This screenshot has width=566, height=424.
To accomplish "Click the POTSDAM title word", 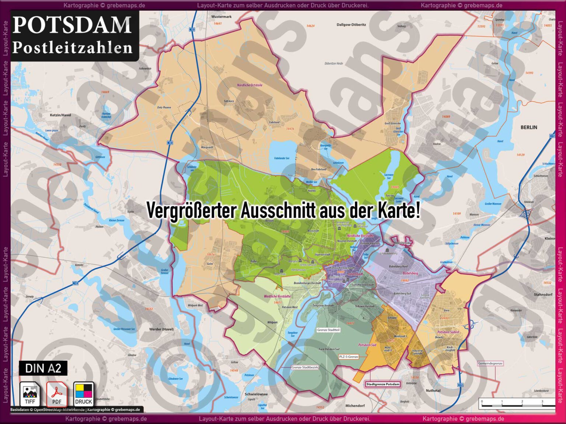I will (x=72, y=25).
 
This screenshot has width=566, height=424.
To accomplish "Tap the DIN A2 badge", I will (x=43, y=368).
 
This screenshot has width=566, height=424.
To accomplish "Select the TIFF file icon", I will (x=30, y=394).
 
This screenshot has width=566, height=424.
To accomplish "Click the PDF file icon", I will (x=56, y=394).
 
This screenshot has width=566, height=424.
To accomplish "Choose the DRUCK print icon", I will (x=84, y=394).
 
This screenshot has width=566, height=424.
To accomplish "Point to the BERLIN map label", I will (x=529, y=127).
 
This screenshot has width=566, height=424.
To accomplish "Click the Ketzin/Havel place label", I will (x=60, y=115).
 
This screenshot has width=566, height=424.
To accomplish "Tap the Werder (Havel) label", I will (x=161, y=329).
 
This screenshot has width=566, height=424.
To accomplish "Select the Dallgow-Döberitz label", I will (x=351, y=25).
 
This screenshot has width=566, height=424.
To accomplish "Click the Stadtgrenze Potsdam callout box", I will (x=383, y=384).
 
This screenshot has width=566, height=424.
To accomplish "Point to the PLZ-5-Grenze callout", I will (x=348, y=357).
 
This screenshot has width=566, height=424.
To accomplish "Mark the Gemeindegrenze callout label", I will (x=490, y=363).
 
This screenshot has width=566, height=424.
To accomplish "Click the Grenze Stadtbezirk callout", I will (x=305, y=367).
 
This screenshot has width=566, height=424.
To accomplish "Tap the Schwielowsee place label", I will (x=256, y=394).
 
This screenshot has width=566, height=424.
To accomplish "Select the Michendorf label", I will (x=355, y=406).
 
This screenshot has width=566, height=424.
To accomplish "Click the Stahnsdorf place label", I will (x=543, y=294).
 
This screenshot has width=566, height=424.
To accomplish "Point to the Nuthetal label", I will (x=433, y=391).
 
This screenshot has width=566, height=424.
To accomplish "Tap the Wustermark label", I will (x=221, y=17).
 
